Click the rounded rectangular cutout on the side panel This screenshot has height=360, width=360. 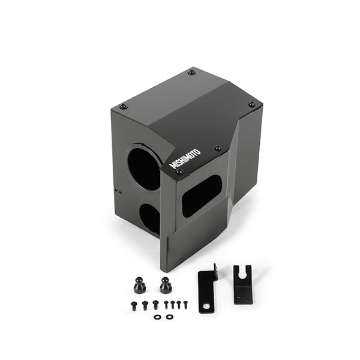(x=201, y=196)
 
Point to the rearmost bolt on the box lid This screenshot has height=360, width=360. (x=191, y=72)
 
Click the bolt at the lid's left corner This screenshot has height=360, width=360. (x=123, y=106)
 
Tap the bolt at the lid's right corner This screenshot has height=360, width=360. (x=251, y=104)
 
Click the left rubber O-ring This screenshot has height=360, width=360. (x=157, y=317)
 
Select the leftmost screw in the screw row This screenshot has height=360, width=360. (x=134, y=305)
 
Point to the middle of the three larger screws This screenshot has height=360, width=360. (x=145, y=305)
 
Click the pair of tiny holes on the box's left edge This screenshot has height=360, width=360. (x=120, y=191)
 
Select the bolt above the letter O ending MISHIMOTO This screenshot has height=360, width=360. (x=218, y=148)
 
